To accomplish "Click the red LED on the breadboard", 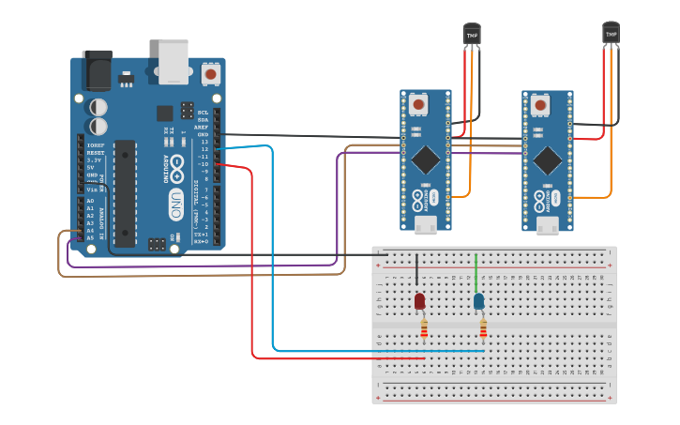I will click(x=419, y=301).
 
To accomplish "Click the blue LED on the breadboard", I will click(x=478, y=301).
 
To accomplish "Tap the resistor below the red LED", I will click(x=424, y=328).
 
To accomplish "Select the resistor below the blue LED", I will click(x=483, y=328).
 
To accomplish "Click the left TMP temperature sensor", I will click(x=472, y=35).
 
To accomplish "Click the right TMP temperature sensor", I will click(x=611, y=34).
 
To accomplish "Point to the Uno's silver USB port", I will click(x=174, y=61).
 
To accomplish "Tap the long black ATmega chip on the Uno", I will click(x=125, y=193).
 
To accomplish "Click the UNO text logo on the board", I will click(x=175, y=205).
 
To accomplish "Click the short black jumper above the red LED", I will click(x=417, y=272).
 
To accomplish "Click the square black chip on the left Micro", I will click(x=425, y=157).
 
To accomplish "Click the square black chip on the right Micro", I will click(x=547, y=160).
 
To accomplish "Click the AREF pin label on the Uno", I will click(x=202, y=127).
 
